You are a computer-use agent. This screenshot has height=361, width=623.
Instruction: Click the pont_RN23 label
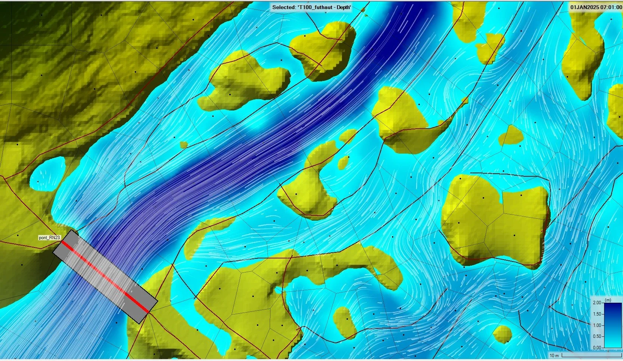49,238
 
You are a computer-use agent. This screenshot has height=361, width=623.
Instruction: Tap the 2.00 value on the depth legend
597,303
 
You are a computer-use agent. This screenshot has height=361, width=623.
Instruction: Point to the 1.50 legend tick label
597,314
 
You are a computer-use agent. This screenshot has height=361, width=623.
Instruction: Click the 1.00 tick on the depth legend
597,325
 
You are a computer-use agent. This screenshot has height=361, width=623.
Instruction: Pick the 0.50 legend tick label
597,336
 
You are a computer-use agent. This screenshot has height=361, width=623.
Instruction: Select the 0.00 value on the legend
597,347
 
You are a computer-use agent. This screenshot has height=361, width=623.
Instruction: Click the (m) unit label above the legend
608,300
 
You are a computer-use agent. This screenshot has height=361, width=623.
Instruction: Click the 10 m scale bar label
554,355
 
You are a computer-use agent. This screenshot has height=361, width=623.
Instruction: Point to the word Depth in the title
343,7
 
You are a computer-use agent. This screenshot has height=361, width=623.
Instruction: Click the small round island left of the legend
502,333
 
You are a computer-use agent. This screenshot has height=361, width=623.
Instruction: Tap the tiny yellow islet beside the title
365,15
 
